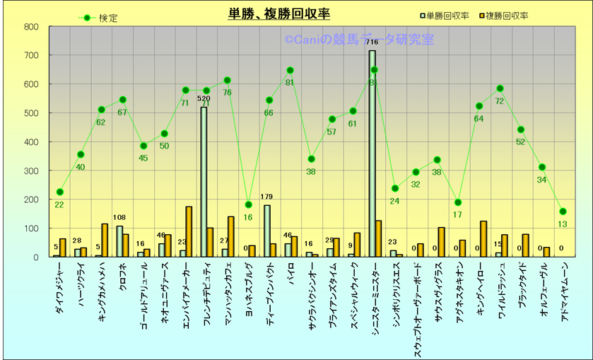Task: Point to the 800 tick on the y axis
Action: pyautogui.click(x=31, y=27)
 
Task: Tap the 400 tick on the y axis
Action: pyautogui.click(x=31, y=141)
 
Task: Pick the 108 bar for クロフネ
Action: pyautogui.click(x=119, y=241)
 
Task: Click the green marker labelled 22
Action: pyautogui.click(x=59, y=192)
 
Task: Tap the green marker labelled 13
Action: pyautogui.click(x=563, y=211)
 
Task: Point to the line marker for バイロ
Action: pyautogui.click(x=290, y=70)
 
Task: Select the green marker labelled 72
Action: pyautogui.click(x=500, y=88)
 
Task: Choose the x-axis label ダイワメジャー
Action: pyautogui.click(x=59, y=286)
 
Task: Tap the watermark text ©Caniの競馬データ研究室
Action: pyautogui.click(x=359, y=40)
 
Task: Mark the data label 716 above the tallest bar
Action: pyautogui.click(x=372, y=42)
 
